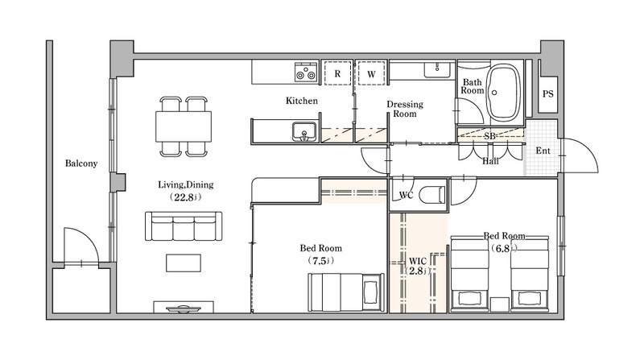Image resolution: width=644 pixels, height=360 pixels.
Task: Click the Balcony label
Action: point(81,163)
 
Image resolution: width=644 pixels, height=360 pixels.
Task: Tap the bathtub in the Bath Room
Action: point(503,92)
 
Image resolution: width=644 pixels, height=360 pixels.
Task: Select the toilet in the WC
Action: point(432,194)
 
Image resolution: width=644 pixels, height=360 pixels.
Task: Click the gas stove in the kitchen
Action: point(307,72)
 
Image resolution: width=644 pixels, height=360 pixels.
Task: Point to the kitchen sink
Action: point(304,132)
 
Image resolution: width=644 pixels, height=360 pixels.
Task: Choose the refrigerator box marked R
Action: point(337,73)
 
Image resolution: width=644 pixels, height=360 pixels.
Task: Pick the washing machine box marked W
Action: point(371,73)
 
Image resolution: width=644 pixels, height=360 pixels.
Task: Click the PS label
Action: point(548,94)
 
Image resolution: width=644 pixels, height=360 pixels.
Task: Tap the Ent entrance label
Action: point(543,151)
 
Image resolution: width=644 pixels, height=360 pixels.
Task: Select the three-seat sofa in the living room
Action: point(184,226)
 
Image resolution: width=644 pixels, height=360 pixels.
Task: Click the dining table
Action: point(184,126)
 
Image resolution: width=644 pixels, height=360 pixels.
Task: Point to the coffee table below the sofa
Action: point(184,263)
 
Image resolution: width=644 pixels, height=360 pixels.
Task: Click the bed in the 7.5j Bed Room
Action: point(346,292)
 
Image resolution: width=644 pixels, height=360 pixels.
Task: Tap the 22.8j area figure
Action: point(186,197)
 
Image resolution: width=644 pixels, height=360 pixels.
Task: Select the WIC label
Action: point(417,262)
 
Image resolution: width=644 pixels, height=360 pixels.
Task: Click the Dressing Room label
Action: point(405,109)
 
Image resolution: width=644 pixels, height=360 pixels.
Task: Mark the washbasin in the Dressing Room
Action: point(437,69)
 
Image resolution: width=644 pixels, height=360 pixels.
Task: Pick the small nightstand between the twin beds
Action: point(499,304)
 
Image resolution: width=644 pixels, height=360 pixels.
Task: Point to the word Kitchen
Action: point(302,101)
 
